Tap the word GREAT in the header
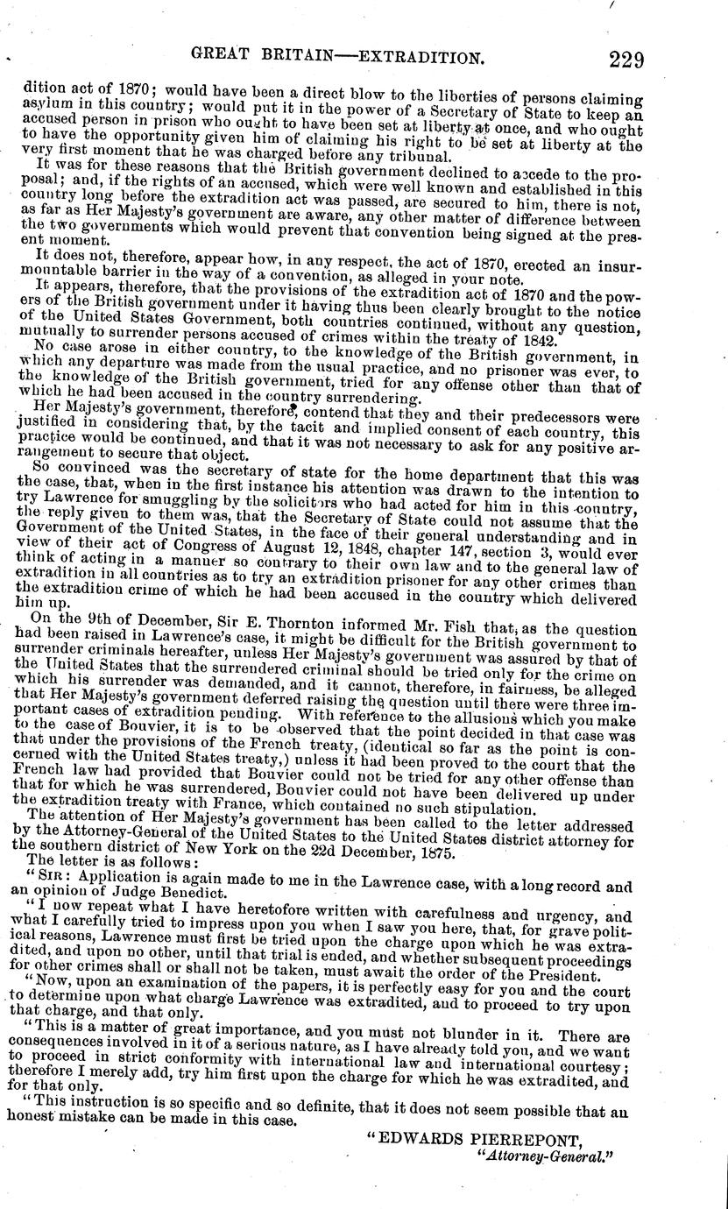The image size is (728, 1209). point(230,58)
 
